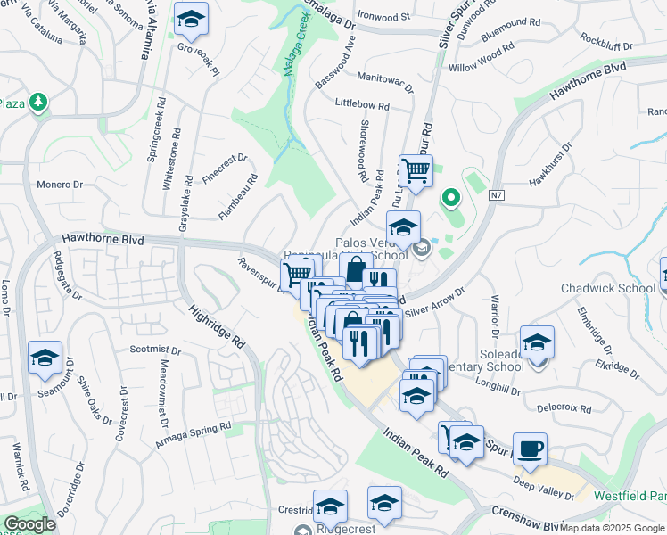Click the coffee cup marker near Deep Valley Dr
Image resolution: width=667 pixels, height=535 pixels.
point(530,449)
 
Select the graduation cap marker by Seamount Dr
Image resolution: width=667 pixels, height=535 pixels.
point(45,358)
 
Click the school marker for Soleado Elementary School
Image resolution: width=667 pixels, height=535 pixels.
point(537,342)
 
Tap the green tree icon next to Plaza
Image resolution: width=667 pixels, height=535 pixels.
point(37,103)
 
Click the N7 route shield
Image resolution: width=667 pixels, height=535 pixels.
point(497,194)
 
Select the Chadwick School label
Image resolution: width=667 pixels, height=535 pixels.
point(606,288)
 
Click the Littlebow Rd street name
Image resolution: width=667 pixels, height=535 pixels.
point(362,104)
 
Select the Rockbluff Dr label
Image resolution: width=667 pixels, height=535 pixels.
point(605,40)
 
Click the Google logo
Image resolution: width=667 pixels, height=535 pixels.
point(29,524)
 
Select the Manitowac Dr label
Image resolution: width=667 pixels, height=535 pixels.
point(385,81)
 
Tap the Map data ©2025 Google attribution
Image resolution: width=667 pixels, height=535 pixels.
point(611,528)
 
